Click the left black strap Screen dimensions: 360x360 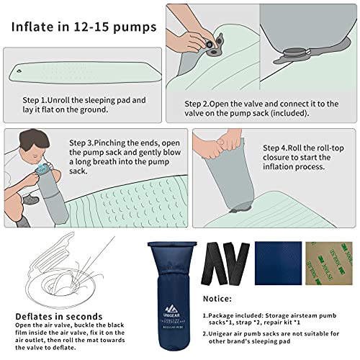click(x=215, y=261)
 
